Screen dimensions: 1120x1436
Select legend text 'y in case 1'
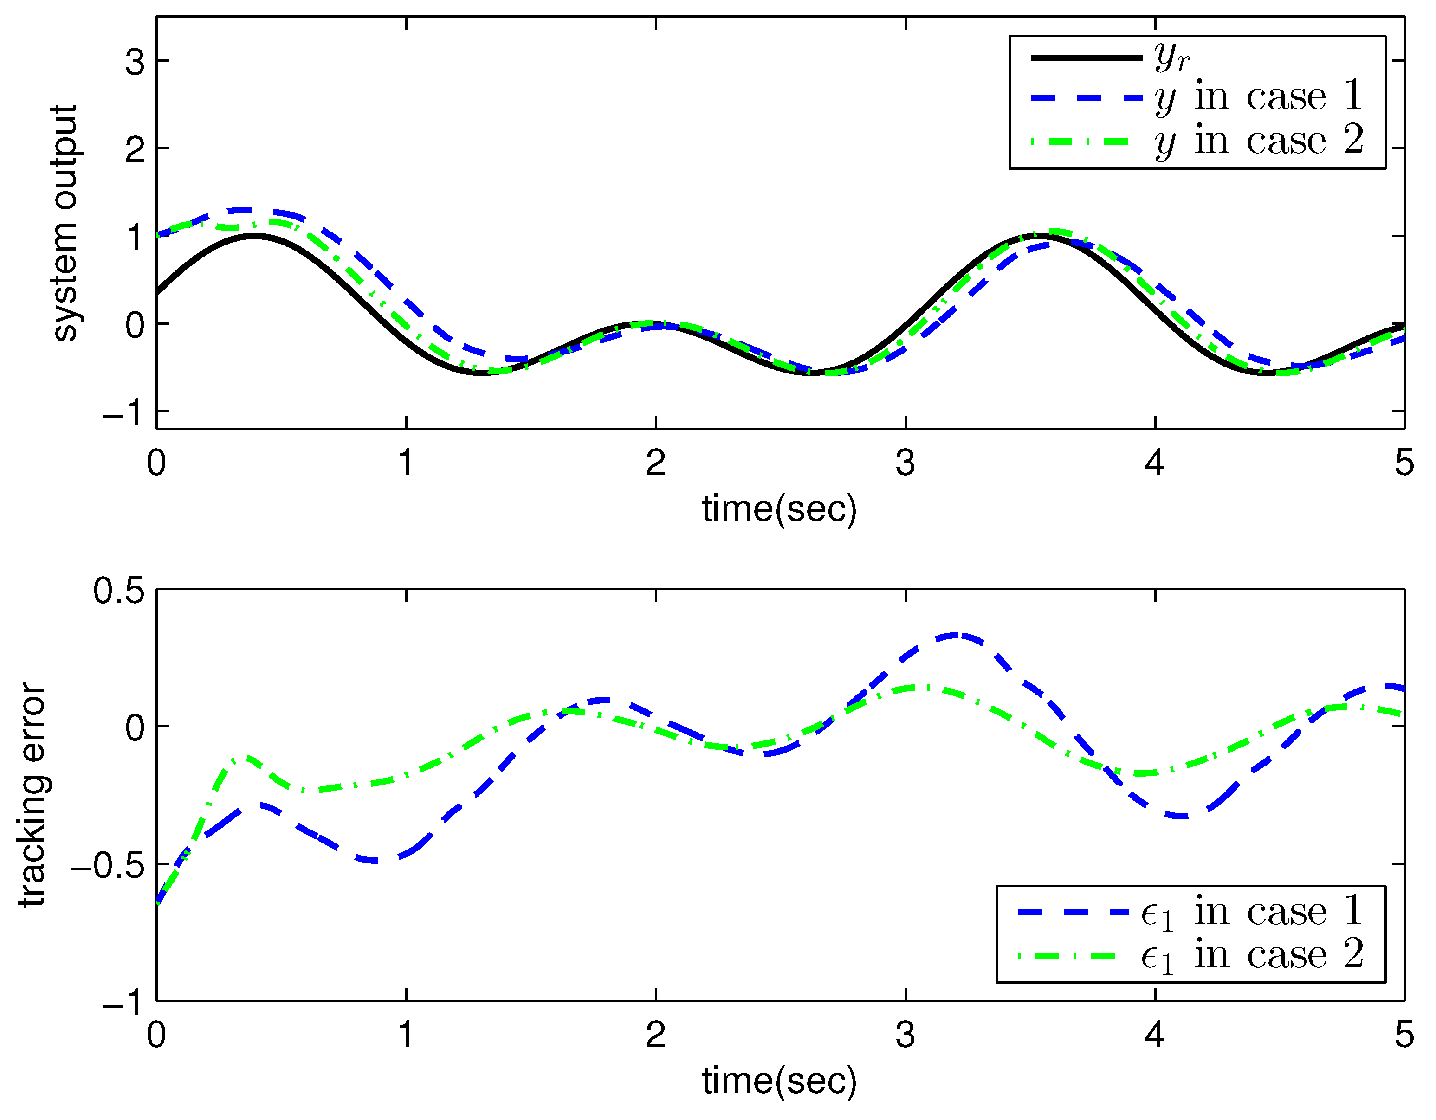pyautogui.click(x=1258, y=97)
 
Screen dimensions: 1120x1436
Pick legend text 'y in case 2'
pyautogui.click(x=1258, y=141)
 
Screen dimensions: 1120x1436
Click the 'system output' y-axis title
pyautogui.click(x=65, y=224)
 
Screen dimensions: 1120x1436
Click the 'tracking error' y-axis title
pyautogui.click(x=33, y=795)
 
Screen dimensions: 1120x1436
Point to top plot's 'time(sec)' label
pyautogui.click(x=779, y=509)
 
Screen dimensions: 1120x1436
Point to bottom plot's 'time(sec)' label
pyautogui.click(x=779, y=1081)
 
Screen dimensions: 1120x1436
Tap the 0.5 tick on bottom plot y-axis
pyautogui.click(x=118, y=590)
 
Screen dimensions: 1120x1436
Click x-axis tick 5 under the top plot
pyautogui.click(x=1404, y=463)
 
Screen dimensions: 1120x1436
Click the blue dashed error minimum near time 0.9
pyautogui.click(x=375, y=860)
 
